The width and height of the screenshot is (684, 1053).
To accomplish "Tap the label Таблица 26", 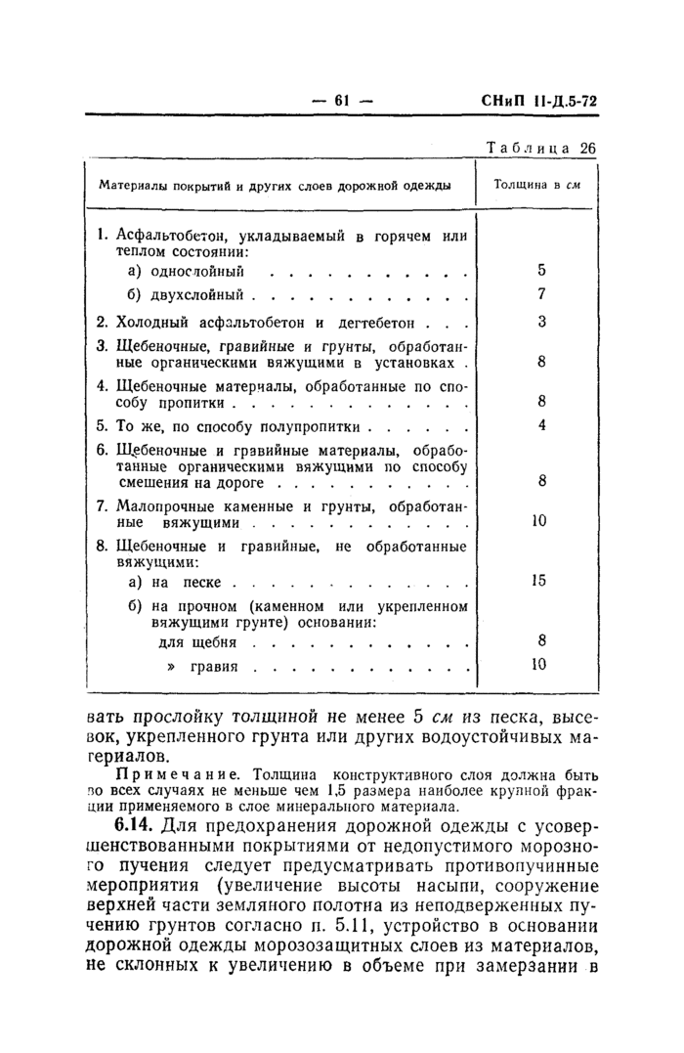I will tap(540, 148).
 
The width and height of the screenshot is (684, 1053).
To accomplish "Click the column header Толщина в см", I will tap(536, 185).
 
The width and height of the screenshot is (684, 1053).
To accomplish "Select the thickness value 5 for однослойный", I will tap(540, 271).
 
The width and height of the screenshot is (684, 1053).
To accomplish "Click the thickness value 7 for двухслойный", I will tap(540, 294).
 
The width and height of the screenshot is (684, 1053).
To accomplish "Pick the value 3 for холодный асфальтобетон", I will tap(540, 322).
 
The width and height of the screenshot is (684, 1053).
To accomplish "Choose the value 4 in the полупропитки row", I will tap(540, 426).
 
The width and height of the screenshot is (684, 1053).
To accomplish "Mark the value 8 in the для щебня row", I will tap(540, 641).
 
